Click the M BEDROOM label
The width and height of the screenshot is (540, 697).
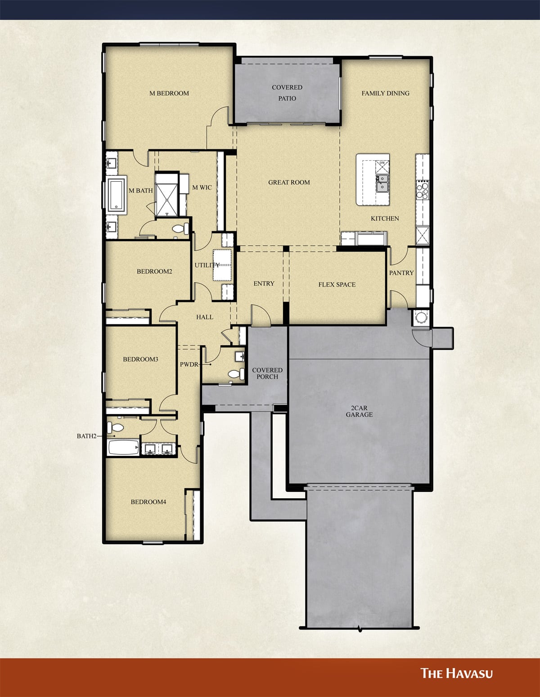coord(169,93)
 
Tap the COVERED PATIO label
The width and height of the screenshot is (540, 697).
coord(287,93)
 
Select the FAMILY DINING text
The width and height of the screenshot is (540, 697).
coord(386,93)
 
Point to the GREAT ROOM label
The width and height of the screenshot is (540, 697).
coord(289,182)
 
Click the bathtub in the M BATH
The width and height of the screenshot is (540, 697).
coord(118,195)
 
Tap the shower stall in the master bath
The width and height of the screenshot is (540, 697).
coord(167,194)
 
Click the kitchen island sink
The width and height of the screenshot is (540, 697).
coord(382,183)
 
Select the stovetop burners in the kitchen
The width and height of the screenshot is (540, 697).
coord(423,189)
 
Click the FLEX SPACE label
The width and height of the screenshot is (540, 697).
coord(337,284)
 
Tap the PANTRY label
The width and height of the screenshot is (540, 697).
coord(401,273)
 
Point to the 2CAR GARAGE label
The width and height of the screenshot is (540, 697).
coord(359,411)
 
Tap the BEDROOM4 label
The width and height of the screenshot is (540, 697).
coord(148,502)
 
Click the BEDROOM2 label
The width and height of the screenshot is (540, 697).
coord(154,271)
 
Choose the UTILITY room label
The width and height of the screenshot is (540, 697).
coord(207,265)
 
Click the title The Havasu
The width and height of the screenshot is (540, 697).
coord(456,673)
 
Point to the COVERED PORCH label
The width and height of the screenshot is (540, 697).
coord(267,373)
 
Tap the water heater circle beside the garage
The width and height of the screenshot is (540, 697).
coord(421,317)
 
